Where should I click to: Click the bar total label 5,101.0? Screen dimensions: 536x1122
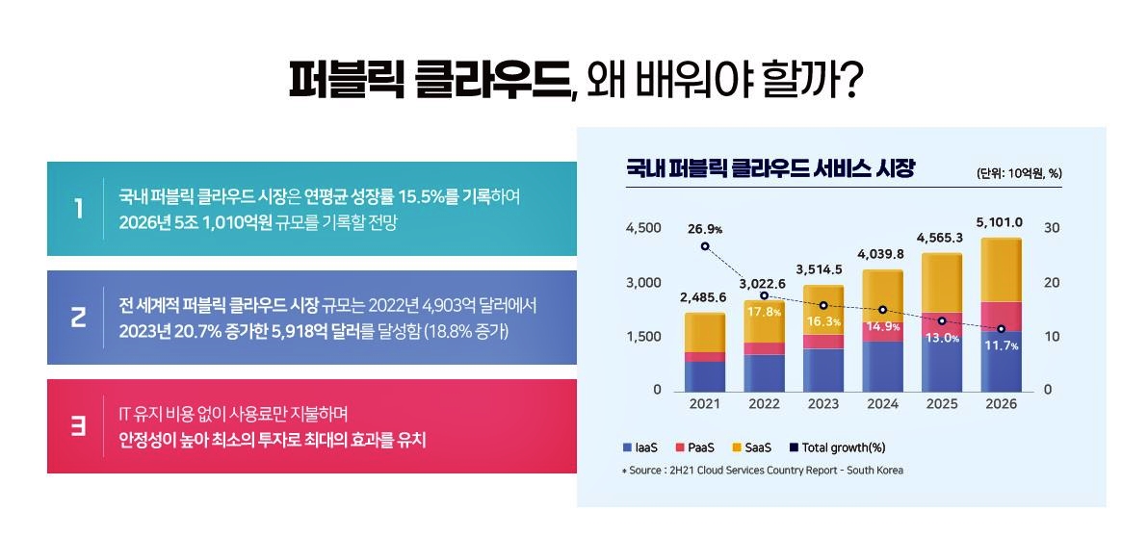click(x=999, y=222)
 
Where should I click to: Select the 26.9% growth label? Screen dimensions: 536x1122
click(x=705, y=229)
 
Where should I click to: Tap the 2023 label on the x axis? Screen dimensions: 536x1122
click(x=823, y=404)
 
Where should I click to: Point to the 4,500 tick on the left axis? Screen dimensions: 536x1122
click(x=643, y=228)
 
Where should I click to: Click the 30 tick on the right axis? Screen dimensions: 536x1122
click(x=1052, y=228)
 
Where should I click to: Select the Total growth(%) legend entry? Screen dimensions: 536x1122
click(x=837, y=447)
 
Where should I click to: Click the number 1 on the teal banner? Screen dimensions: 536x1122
click(x=78, y=209)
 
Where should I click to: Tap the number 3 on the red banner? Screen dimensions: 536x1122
click(x=78, y=426)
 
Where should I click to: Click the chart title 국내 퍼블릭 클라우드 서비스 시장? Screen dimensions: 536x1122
click(x=770, y=170)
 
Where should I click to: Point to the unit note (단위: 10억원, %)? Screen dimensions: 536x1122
click(x=1019, y=173)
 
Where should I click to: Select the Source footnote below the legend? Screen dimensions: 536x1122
click(x=762, y=471)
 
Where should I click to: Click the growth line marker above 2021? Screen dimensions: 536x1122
click(x=705, y=246)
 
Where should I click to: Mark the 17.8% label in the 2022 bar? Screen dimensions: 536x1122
click(x=763, y=312)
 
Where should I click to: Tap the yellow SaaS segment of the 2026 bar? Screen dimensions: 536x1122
click(x=1001, y=269)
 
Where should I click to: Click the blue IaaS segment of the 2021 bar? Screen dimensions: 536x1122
click(x=705, y=375)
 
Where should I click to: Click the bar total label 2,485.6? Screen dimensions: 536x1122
click(x=703, y=297)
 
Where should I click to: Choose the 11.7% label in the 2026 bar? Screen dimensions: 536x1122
click(x=1000, y=345)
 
